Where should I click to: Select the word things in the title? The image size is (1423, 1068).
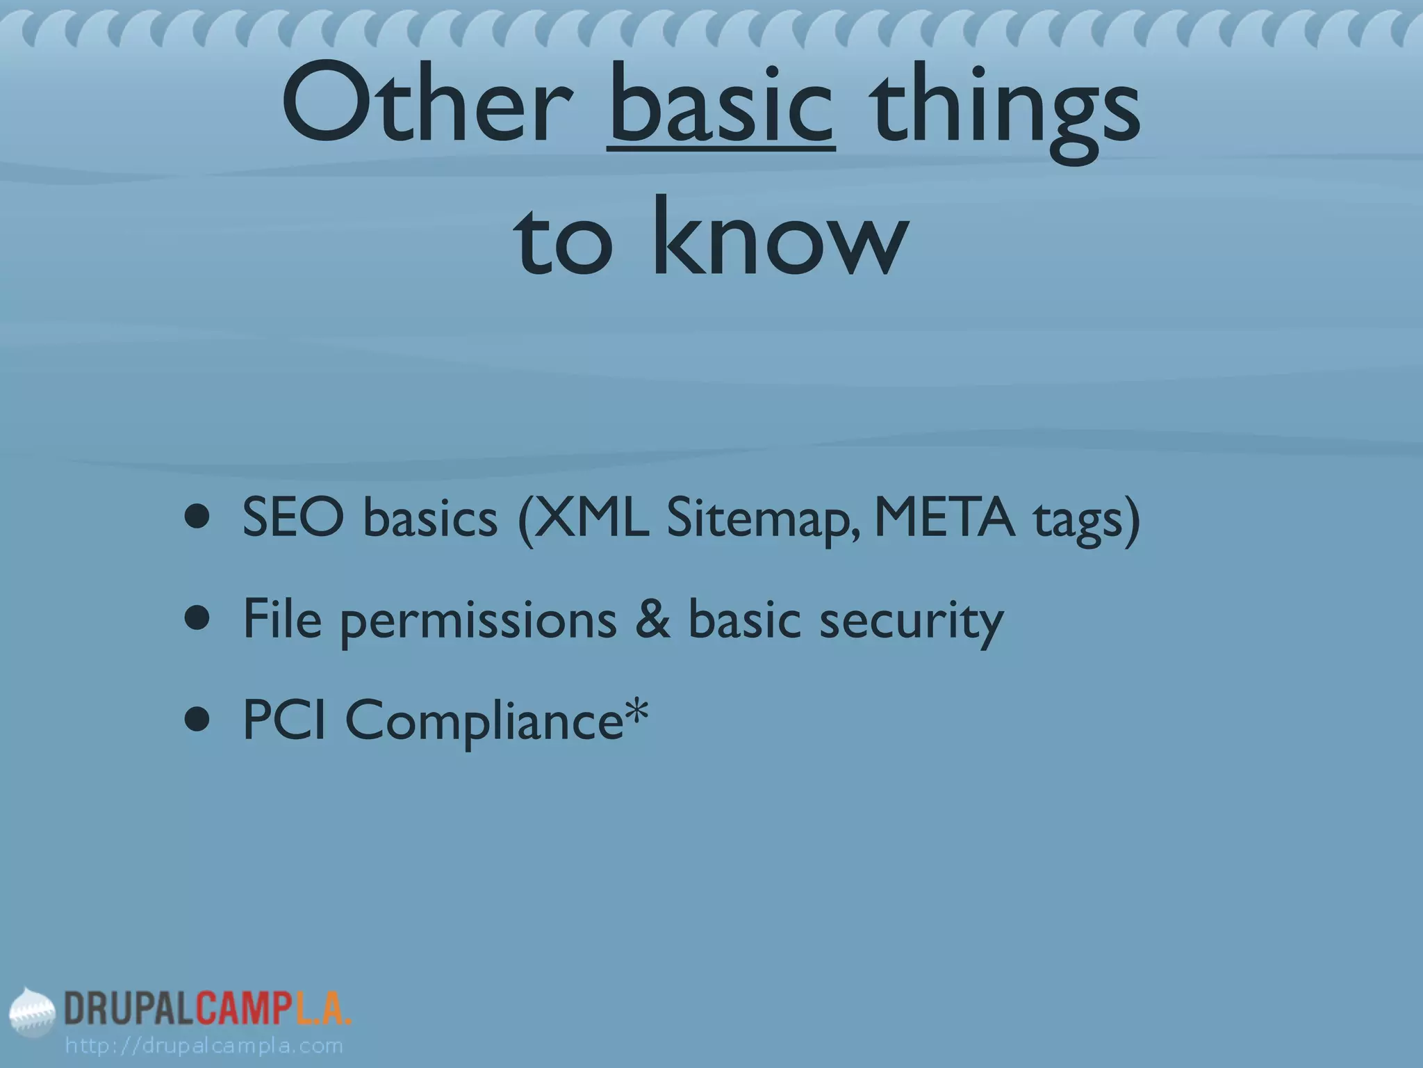(1005, 111)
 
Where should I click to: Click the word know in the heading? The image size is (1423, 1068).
(779, 236)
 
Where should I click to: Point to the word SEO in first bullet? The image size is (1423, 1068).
(293, 518)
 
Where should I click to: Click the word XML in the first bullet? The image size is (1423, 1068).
(591, 518)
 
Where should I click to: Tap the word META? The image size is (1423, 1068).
(944, 518)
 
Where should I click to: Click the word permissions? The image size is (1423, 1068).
(478, 622)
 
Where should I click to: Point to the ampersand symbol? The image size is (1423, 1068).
(653, 618)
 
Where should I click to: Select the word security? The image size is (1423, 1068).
(911, 622)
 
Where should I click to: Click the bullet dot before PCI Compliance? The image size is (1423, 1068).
(197, 722)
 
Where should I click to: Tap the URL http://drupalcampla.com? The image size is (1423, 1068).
(204, 1045)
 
